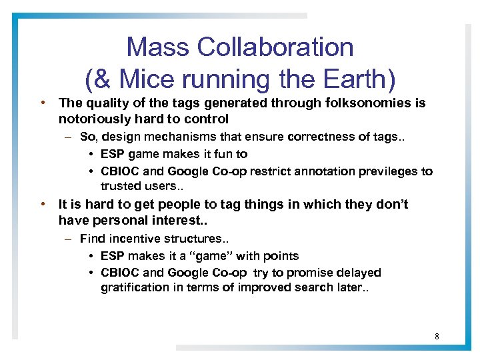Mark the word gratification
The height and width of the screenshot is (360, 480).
pyautogui.click(x=136, y=287)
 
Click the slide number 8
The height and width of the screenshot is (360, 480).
pyautogui.click(x=437, y=336)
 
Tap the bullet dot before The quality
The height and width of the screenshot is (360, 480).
pyautogui.click(x=42, y=103)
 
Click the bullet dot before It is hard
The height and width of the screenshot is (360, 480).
pyautogui.click(x=42, y=205)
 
